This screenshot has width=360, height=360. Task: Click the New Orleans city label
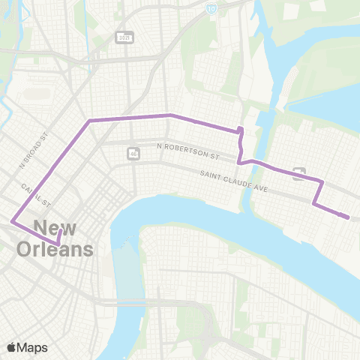click(63, 238)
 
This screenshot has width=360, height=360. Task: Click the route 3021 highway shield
click(124, 36)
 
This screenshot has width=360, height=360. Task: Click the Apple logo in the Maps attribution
click(12, 347)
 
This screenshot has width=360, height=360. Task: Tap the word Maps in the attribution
click(33, 347)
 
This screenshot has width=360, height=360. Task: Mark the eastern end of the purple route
click(349, 217)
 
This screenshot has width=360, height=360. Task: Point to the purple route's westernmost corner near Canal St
click(11, 221)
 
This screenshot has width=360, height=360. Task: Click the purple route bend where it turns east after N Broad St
click(89, 120)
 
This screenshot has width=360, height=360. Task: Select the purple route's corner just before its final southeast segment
click(313, 203)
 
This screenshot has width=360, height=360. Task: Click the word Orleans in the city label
click(63, 249)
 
